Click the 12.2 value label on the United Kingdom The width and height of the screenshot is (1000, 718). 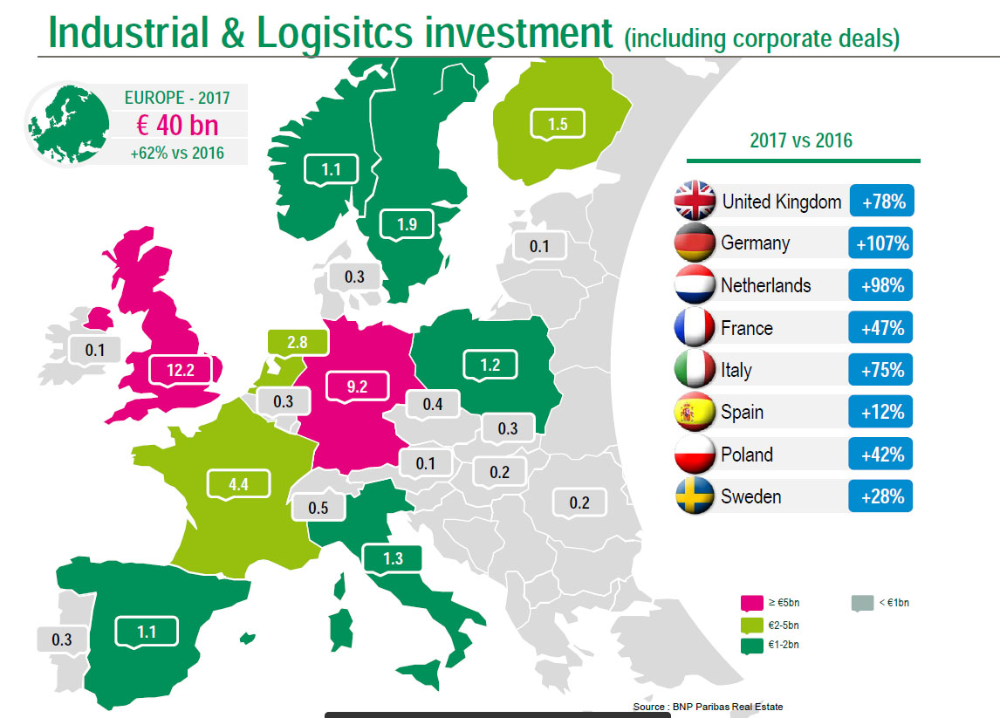(x=179, y=372)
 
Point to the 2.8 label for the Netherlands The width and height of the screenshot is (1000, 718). (x=297, y=342)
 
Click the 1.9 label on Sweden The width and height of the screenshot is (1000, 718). (x=407, y=224)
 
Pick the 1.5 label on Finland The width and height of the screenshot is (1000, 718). (x=558, y=125)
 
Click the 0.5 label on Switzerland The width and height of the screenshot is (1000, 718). (x=318, y=507)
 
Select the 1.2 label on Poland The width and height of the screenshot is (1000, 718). (x=490, y=365)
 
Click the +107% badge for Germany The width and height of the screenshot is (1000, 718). (x=880, y=243)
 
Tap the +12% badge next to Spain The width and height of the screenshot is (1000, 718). (x=880, y=412)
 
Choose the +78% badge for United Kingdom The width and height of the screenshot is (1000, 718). (x=880, y=202)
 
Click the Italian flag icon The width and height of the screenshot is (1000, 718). (x=695, y=369)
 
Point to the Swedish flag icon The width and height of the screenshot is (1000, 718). (x=695, y=496)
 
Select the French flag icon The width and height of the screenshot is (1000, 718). (x=695, y=327)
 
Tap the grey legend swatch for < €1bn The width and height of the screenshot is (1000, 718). (x=860, y=602)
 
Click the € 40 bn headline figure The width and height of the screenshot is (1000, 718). (x=177, y=125)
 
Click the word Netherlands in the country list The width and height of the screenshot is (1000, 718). (x=765, y=285)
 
